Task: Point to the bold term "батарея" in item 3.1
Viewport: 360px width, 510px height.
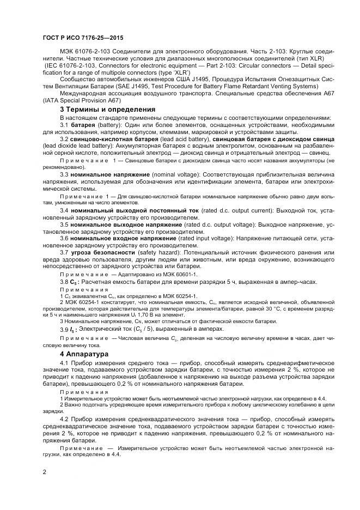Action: pyautogui.click(x=83, y=125)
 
